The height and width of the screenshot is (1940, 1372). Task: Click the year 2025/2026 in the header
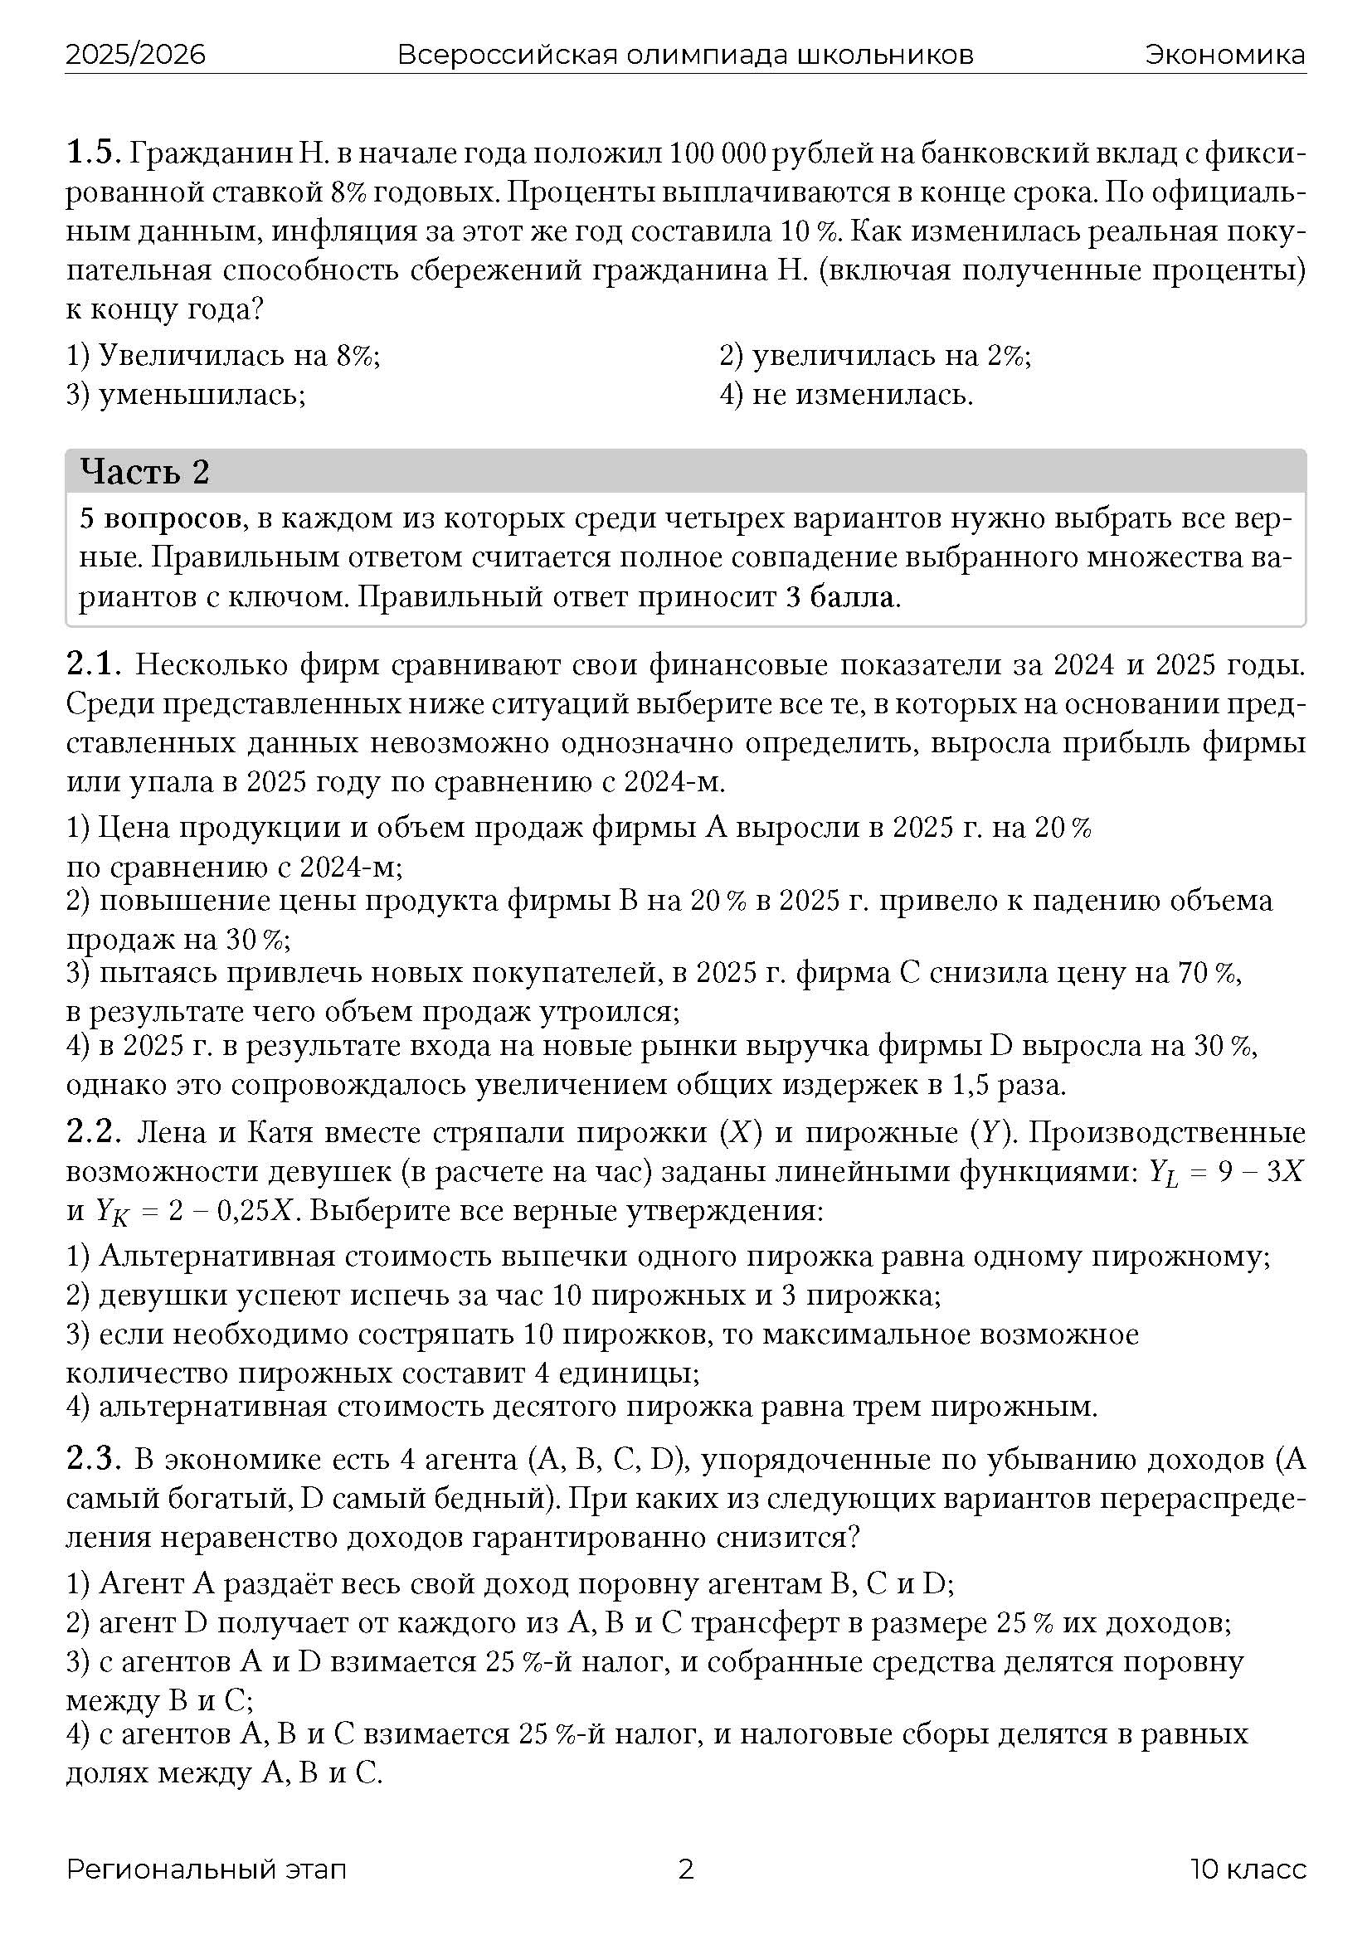click(x=135, y=55)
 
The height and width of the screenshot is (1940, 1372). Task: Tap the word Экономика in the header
click(x=1225, y=55)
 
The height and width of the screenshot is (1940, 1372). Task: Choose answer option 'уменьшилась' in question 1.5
click(x=201, y=395)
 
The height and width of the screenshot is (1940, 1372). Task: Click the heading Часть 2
click(x=144, y=471)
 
